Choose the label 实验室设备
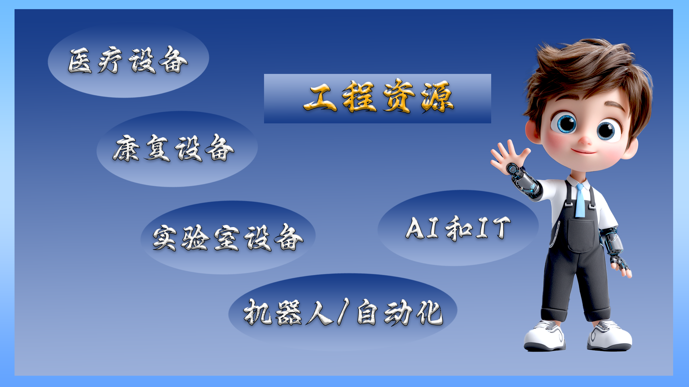(228, 238)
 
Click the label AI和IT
(458, 228)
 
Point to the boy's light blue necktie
(580, 200)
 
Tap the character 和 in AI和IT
(459, 228)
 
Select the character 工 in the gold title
(320, 98)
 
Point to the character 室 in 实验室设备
(227, 238)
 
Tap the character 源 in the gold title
(438, 97)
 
